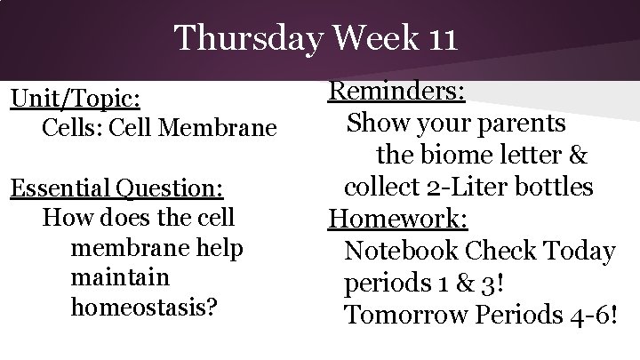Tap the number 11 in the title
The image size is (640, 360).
click(x=433, y=39)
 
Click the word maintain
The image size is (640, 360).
click(x=119, y=277)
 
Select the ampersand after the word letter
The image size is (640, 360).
click(x=577, y=155)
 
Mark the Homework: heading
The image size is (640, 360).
click(x=398, y=219)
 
